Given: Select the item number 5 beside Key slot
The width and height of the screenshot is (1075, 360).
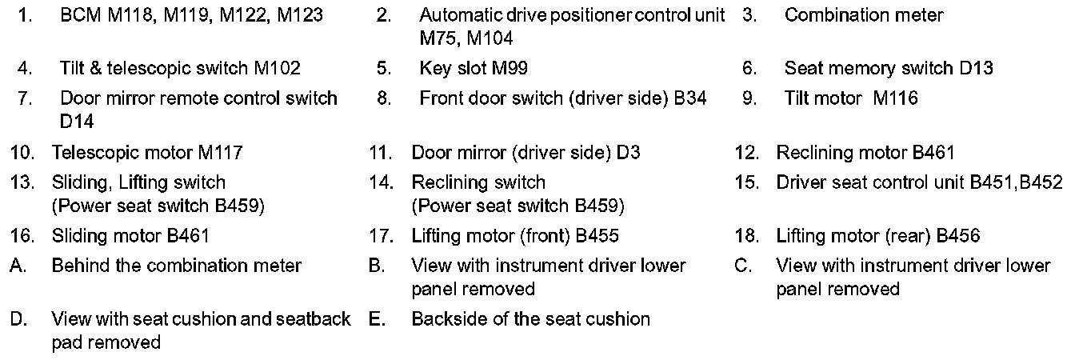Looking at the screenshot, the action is pyautogui.click(x=383, y=68).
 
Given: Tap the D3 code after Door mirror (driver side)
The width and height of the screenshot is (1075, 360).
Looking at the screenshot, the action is pyautogui.click(x=629, y=152).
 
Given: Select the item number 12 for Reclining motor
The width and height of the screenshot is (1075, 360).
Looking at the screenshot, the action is pyautogui.click(x=746, y=152).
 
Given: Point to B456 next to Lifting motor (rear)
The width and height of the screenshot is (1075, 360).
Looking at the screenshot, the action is pyautogui.click(x=957, y=236).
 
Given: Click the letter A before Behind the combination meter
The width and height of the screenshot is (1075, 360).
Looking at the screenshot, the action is pyautogui.click(x=17, y=266).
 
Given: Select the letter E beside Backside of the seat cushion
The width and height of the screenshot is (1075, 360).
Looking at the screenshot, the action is pyautogui.click(x=377, y=319).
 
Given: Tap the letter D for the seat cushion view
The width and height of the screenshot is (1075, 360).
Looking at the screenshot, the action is pyautogui.click(x=17, y=319).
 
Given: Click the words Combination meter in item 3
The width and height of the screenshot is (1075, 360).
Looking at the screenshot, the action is pyautogui.click(x=864, y=15).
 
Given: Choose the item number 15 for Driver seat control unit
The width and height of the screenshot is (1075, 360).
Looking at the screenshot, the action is pyautogui.click(x=746, y=182).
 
